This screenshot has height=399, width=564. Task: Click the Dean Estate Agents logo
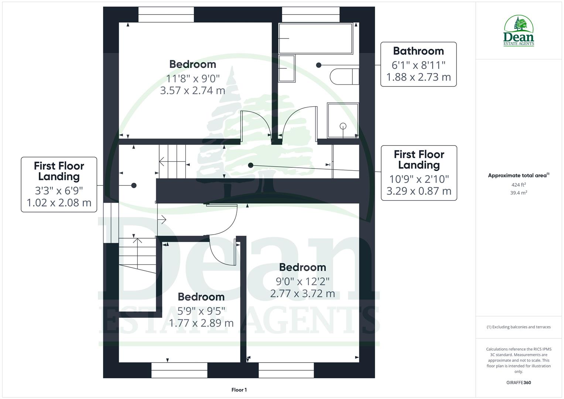(x=519, y=31)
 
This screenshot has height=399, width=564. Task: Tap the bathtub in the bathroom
(x=315, y=38)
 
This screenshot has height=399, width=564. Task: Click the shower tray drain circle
(x=343, y=126)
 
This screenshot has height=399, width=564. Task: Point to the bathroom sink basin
(x=287, y=68)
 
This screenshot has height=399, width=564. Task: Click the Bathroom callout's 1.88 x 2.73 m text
(x=418, y=77)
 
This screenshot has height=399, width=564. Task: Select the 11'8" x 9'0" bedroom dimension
(x=193, y=78)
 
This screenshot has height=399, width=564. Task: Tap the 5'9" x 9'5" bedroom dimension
(x=201, y=311)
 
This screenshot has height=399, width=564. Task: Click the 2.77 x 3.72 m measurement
(x=302, y=294)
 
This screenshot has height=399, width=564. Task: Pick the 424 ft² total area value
(x=519, y=185)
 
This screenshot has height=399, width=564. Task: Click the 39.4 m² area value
(x=519, y=193)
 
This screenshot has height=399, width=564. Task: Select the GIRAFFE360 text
(x=519, y=383)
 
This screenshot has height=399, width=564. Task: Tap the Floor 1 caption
(x=239, y=390)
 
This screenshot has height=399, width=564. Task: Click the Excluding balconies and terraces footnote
(x=519, y=327)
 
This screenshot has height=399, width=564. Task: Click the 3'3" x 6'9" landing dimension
(x=59, y=191)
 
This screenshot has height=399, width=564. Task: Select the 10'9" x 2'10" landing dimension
(x=419, y=179)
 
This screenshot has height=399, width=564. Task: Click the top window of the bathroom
(x=311, y=15)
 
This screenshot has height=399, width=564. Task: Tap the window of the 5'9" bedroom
(x=180, y=370)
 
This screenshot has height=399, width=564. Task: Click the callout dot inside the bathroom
(x=319, y=65)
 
